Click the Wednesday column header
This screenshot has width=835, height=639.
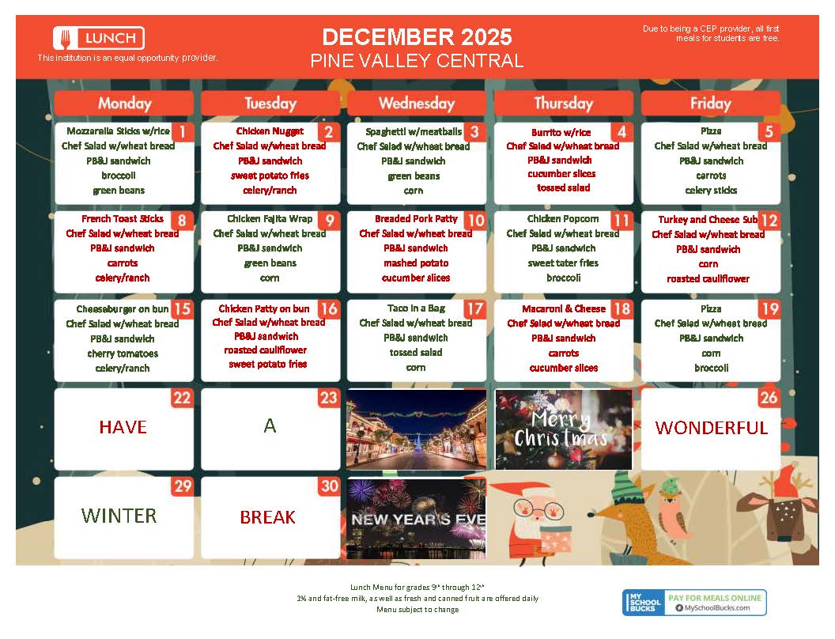[x=417, y=103]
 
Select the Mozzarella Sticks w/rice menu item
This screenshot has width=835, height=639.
[x=118, y=131]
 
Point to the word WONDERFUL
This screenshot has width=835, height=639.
[x=711, y=428]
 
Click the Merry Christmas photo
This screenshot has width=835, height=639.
[x=563, y=429]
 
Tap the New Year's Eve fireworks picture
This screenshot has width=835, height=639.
[x=417, y=518]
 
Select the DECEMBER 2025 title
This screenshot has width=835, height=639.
[x=417, y=36]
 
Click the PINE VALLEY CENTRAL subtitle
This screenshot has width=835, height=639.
[x=417, y=61]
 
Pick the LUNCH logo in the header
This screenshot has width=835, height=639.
[x=99, y=37]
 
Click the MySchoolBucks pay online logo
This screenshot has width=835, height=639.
[x=694, y=603]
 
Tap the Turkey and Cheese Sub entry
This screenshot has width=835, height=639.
[x=708, y=220]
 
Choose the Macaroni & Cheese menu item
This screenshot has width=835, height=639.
[x=563, y=308]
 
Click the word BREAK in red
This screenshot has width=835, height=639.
[x=267, y=517]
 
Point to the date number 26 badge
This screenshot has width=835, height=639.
[x=769, y=398]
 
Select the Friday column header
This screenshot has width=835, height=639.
[x=710, y=103]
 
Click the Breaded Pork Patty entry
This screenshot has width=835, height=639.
[x=416, y=219]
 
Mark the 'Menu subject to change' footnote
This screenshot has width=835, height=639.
[x=417, y=610]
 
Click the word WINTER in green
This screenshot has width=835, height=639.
[x=119, y=516]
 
